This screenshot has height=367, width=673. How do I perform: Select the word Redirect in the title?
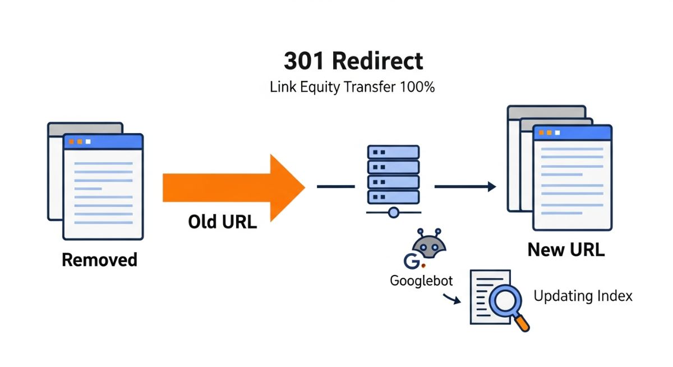click(377, 61)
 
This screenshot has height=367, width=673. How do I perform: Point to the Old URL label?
click(222, 222)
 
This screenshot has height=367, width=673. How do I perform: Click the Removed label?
click(99, 260)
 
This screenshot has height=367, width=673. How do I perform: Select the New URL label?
click(566, 250)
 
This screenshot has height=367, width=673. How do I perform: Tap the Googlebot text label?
click(421, 281)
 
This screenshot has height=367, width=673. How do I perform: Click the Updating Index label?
click(583, 296)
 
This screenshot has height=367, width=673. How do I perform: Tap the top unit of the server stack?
click(393, 152)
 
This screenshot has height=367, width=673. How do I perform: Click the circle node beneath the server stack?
click(393, 213)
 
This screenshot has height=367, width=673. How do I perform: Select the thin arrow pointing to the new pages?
click(465, 187)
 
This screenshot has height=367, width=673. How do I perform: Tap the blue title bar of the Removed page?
click(103, 141)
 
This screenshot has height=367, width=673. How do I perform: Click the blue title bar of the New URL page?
click(571, 132)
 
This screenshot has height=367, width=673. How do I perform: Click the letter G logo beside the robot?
click(410, 261)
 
